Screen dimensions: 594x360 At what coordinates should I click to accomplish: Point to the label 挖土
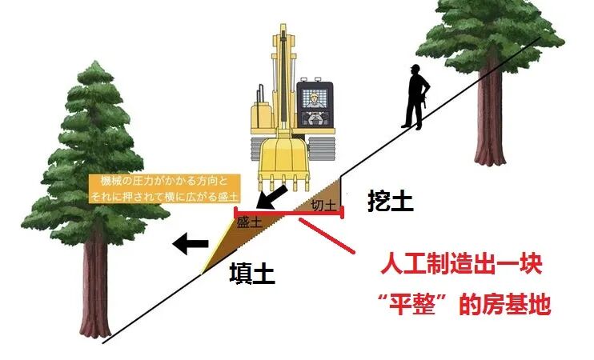(390, 201)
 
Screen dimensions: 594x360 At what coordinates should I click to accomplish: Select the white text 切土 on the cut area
(323, 206)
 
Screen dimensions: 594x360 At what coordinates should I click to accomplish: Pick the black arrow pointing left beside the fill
(192, 243)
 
